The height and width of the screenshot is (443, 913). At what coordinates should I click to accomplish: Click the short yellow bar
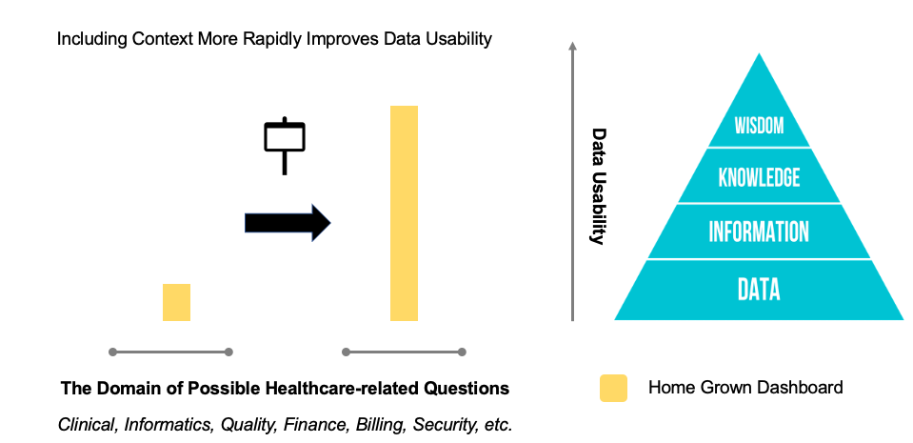point(176,302)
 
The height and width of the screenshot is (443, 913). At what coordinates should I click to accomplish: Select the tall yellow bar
point(404,213)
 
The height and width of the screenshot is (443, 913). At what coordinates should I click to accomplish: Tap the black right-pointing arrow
point(287,223)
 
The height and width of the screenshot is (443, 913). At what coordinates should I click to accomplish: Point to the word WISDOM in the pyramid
point(759,126)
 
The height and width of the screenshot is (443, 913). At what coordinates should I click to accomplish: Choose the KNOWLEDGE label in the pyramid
point(759,177)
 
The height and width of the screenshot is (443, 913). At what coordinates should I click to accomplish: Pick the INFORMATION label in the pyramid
point(759,232)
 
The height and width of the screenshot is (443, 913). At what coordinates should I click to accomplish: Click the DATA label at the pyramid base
point(759,289)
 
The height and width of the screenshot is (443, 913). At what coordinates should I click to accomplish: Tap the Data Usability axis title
point(598,187)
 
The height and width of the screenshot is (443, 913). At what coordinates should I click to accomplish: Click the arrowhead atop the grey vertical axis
point(572,45)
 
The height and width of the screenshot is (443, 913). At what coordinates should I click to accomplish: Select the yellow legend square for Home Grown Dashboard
point(613,388)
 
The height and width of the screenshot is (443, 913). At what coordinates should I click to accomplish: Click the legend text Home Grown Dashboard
point(745,388)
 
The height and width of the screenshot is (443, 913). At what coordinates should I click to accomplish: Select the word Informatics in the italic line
point(167,424)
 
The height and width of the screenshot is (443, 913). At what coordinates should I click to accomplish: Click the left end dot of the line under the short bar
point(113,352)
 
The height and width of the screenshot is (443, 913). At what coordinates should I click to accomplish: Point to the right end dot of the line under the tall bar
point(462,352)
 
